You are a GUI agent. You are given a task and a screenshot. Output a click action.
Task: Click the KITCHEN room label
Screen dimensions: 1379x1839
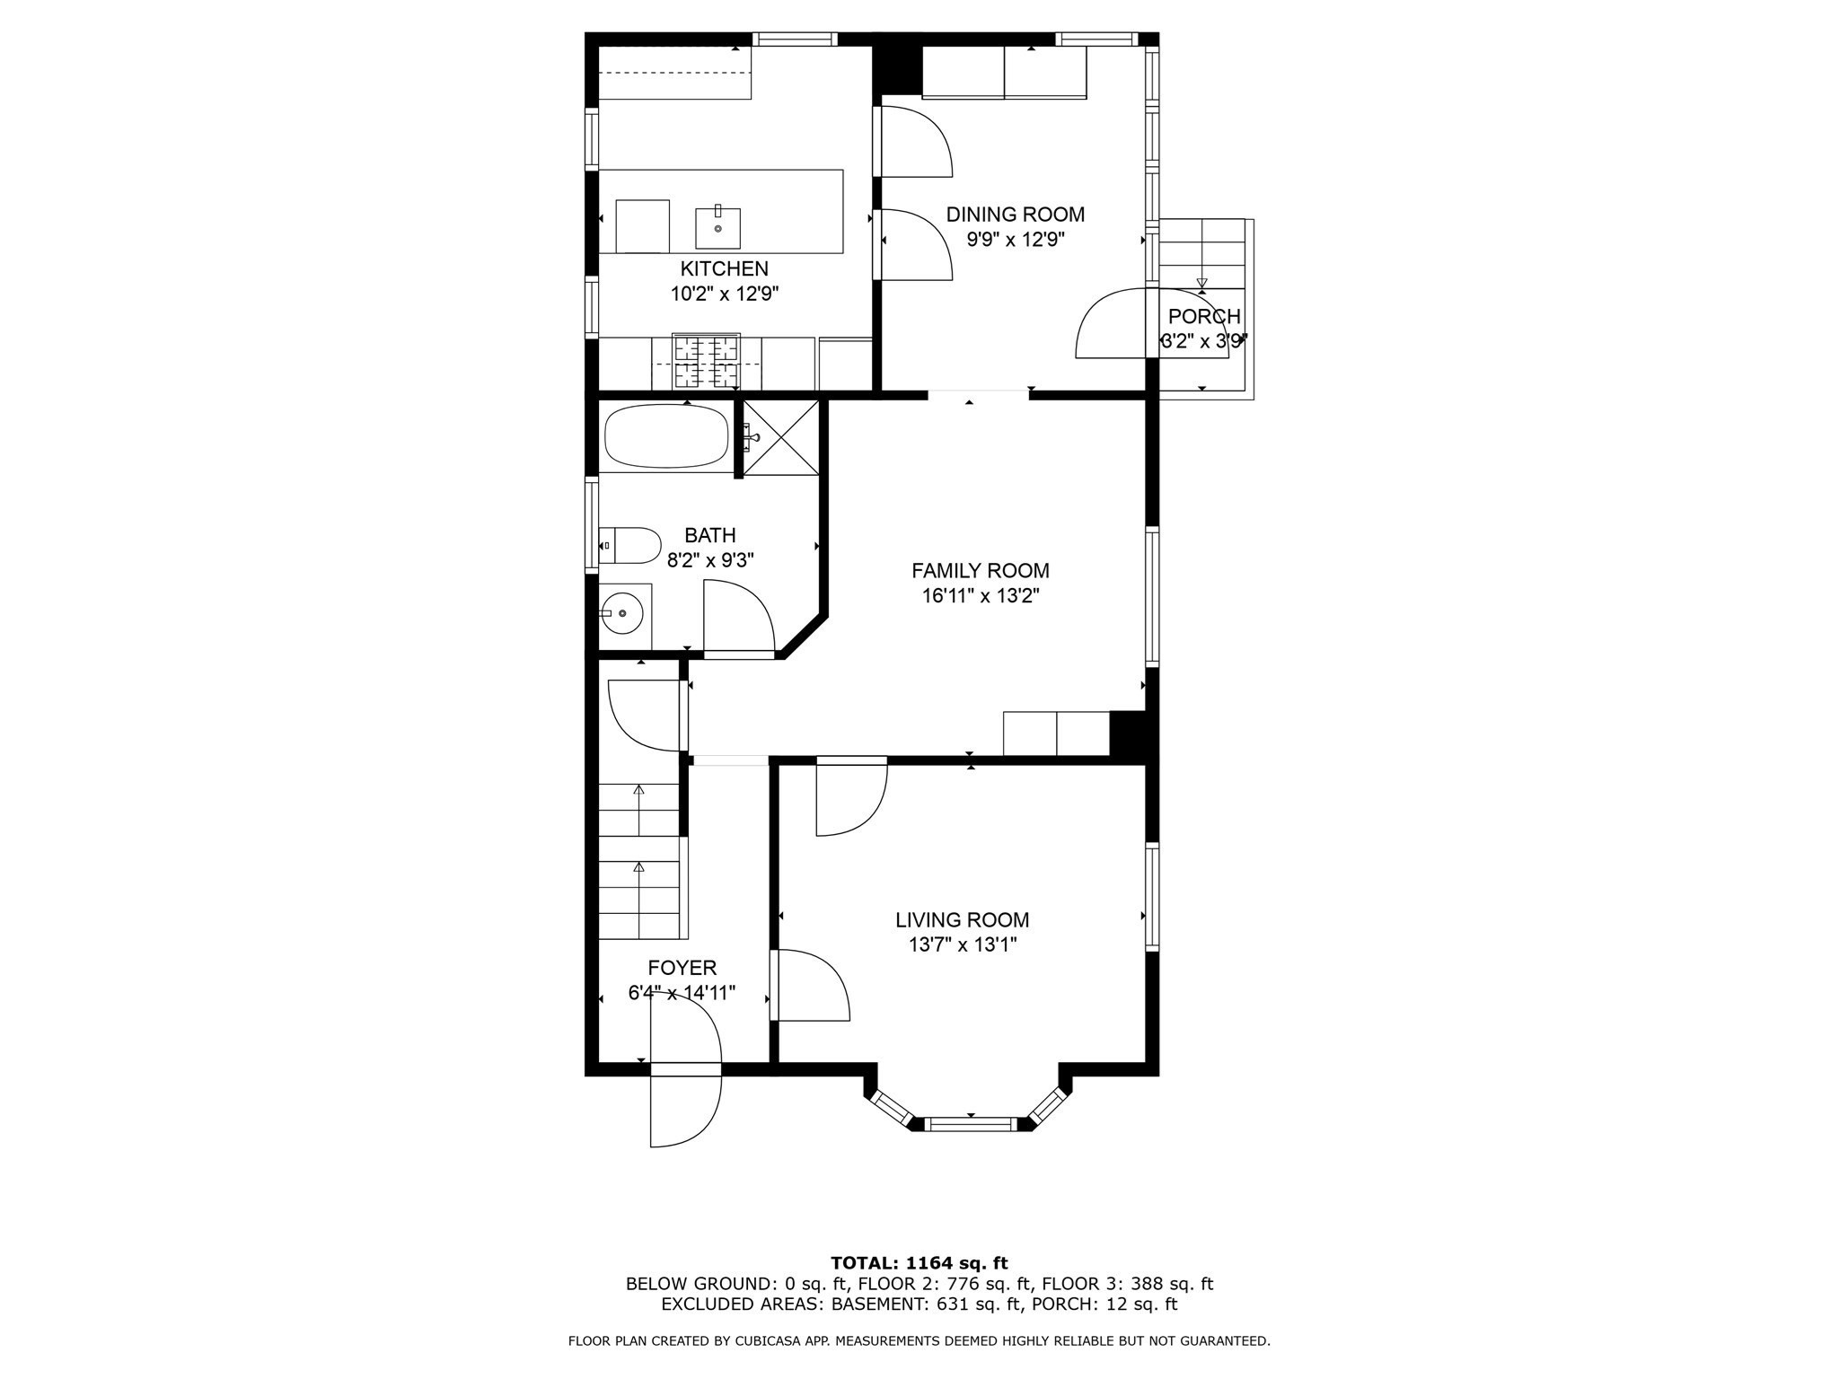click(x=724, y=268)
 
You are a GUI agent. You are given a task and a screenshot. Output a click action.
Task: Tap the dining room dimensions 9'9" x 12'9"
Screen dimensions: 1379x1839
click(x=1015, y=240)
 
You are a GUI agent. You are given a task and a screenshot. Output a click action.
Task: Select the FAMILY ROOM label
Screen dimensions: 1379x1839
click(x=980, y=570)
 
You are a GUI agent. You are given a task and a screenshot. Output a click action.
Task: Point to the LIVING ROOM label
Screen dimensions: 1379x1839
click(x=962, y=919)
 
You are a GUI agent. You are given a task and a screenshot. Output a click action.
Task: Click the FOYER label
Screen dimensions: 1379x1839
click(x=682, y=968)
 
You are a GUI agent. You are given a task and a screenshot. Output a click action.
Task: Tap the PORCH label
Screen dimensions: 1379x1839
click(x=1203, y=316)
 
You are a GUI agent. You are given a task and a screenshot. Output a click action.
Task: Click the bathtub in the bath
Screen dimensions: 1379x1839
click(x=665, y=436)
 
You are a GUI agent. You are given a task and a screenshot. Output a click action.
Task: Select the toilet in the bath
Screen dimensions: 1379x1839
click(x=630, y=545)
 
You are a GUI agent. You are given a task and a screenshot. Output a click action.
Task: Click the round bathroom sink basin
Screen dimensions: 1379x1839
click(x=622, y=613)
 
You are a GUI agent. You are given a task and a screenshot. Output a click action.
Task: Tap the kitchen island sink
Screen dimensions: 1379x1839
click(x=717, y=228)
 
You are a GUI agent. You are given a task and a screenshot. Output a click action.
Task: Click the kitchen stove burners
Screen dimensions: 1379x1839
click(x=706, y=361)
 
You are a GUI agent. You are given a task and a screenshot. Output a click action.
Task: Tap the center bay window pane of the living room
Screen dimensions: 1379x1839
click(x=971, y=1123)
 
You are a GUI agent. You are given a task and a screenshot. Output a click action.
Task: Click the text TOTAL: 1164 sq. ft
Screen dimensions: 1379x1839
click(x=919, y=1263)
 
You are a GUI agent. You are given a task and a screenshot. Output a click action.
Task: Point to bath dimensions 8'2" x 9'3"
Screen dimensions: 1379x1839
click(x=709, y=560)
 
